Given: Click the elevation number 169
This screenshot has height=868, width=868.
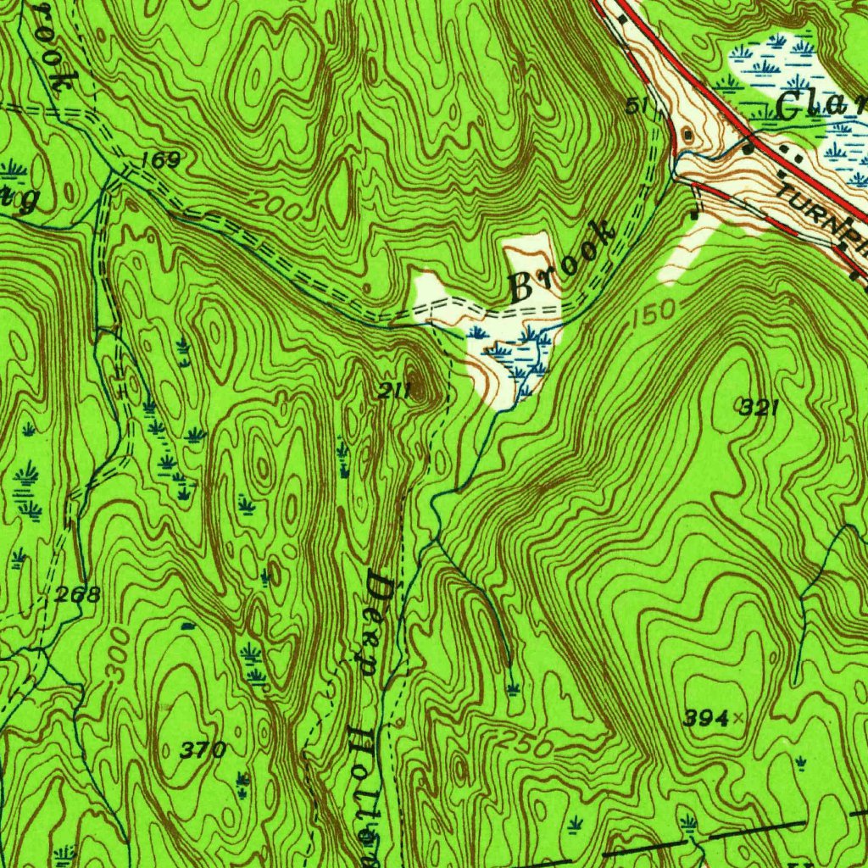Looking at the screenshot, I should click(x=161, y=159).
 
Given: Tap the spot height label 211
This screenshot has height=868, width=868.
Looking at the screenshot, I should click(x=395, y=391).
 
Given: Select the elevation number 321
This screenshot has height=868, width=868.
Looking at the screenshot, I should click(x=759, y=409).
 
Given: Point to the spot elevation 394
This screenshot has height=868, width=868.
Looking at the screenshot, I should click(x=706, y=719).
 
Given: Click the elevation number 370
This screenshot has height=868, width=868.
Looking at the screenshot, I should click(x=203, y=749).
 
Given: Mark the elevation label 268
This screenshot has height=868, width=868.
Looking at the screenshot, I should click(x=78, y=595).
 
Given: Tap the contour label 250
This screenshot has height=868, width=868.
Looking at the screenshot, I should click(x=526, y=743).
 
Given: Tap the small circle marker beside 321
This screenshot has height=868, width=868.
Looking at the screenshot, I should click(x=738, y=405).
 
